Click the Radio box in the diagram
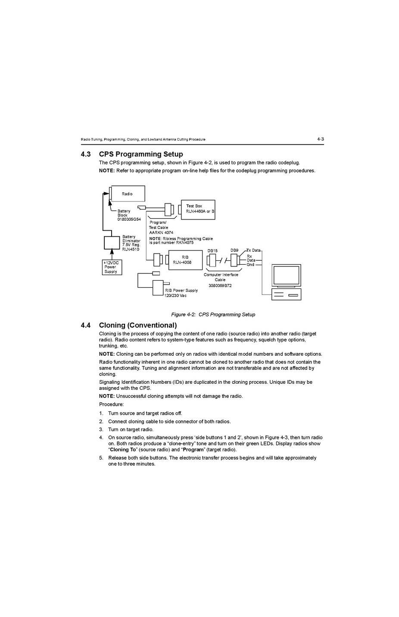128,194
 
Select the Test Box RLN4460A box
198,210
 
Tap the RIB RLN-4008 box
185,260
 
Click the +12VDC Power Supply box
112,267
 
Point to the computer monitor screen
286,275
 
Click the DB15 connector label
212,251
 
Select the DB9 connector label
234,250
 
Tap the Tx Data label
253,250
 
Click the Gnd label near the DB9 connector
250,264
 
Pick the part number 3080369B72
220,285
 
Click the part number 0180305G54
129,219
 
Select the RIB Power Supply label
181,290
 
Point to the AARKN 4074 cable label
161,232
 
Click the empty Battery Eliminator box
112,243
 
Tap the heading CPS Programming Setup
141,154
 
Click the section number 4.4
85,326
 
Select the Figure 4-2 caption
213,315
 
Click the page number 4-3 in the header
320,139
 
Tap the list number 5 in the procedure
101,458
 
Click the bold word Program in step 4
193,450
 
